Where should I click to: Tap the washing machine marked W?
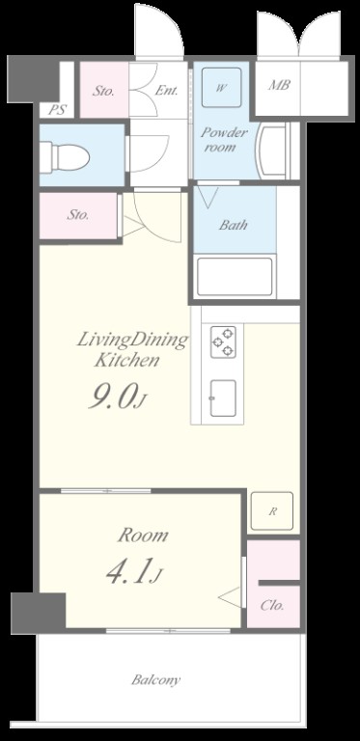pos(222,88)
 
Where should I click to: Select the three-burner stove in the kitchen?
pos(223,343)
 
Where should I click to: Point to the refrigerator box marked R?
pos(271,510)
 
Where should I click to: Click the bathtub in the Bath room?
pos(235,277)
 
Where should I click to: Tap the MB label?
pos(279,86)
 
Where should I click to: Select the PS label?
pos(57,110)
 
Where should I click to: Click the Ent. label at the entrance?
pos(166,91)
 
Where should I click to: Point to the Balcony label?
pos(155,680)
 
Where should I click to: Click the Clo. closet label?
pos(272,605)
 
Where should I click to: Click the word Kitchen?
pos(126,361)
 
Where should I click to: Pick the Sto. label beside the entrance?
pos(103,91)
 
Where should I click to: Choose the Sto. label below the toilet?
pos(78,215)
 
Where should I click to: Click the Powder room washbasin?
pos(270,151)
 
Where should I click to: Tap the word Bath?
pos(233,225)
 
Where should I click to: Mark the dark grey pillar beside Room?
pos(39,613)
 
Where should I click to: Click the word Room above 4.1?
pos(143,535)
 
